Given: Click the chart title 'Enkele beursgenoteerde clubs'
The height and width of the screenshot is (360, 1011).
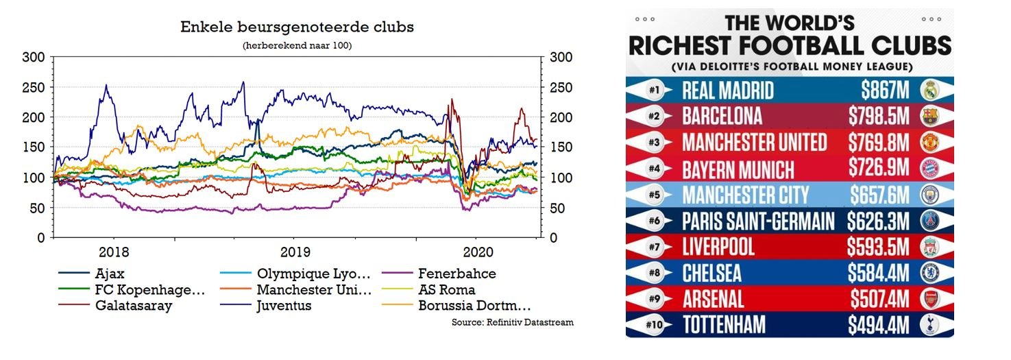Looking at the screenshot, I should tap(297, 27).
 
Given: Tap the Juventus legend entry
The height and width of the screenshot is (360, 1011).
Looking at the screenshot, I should tap(284, 306).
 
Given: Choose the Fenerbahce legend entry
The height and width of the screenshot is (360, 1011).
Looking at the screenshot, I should tap(456, 274).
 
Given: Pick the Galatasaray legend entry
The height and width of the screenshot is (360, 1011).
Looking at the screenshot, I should tap(134, 306).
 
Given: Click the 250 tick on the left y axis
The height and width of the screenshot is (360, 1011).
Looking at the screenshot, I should tap(35, 87).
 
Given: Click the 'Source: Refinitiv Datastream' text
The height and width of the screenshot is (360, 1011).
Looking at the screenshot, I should tap(512, 322).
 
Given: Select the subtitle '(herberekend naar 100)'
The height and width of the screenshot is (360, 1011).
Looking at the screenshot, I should tap(297, 45).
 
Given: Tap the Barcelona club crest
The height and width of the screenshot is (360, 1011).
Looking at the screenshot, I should tap(928, 116).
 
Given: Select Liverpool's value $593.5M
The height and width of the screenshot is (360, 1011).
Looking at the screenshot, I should tap(877, 247).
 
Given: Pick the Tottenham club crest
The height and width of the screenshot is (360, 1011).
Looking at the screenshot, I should tap(928, 325).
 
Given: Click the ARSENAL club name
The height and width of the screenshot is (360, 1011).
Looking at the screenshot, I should tap(714, 299).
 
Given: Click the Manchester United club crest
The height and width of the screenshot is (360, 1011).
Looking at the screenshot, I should tap(928, 143).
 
